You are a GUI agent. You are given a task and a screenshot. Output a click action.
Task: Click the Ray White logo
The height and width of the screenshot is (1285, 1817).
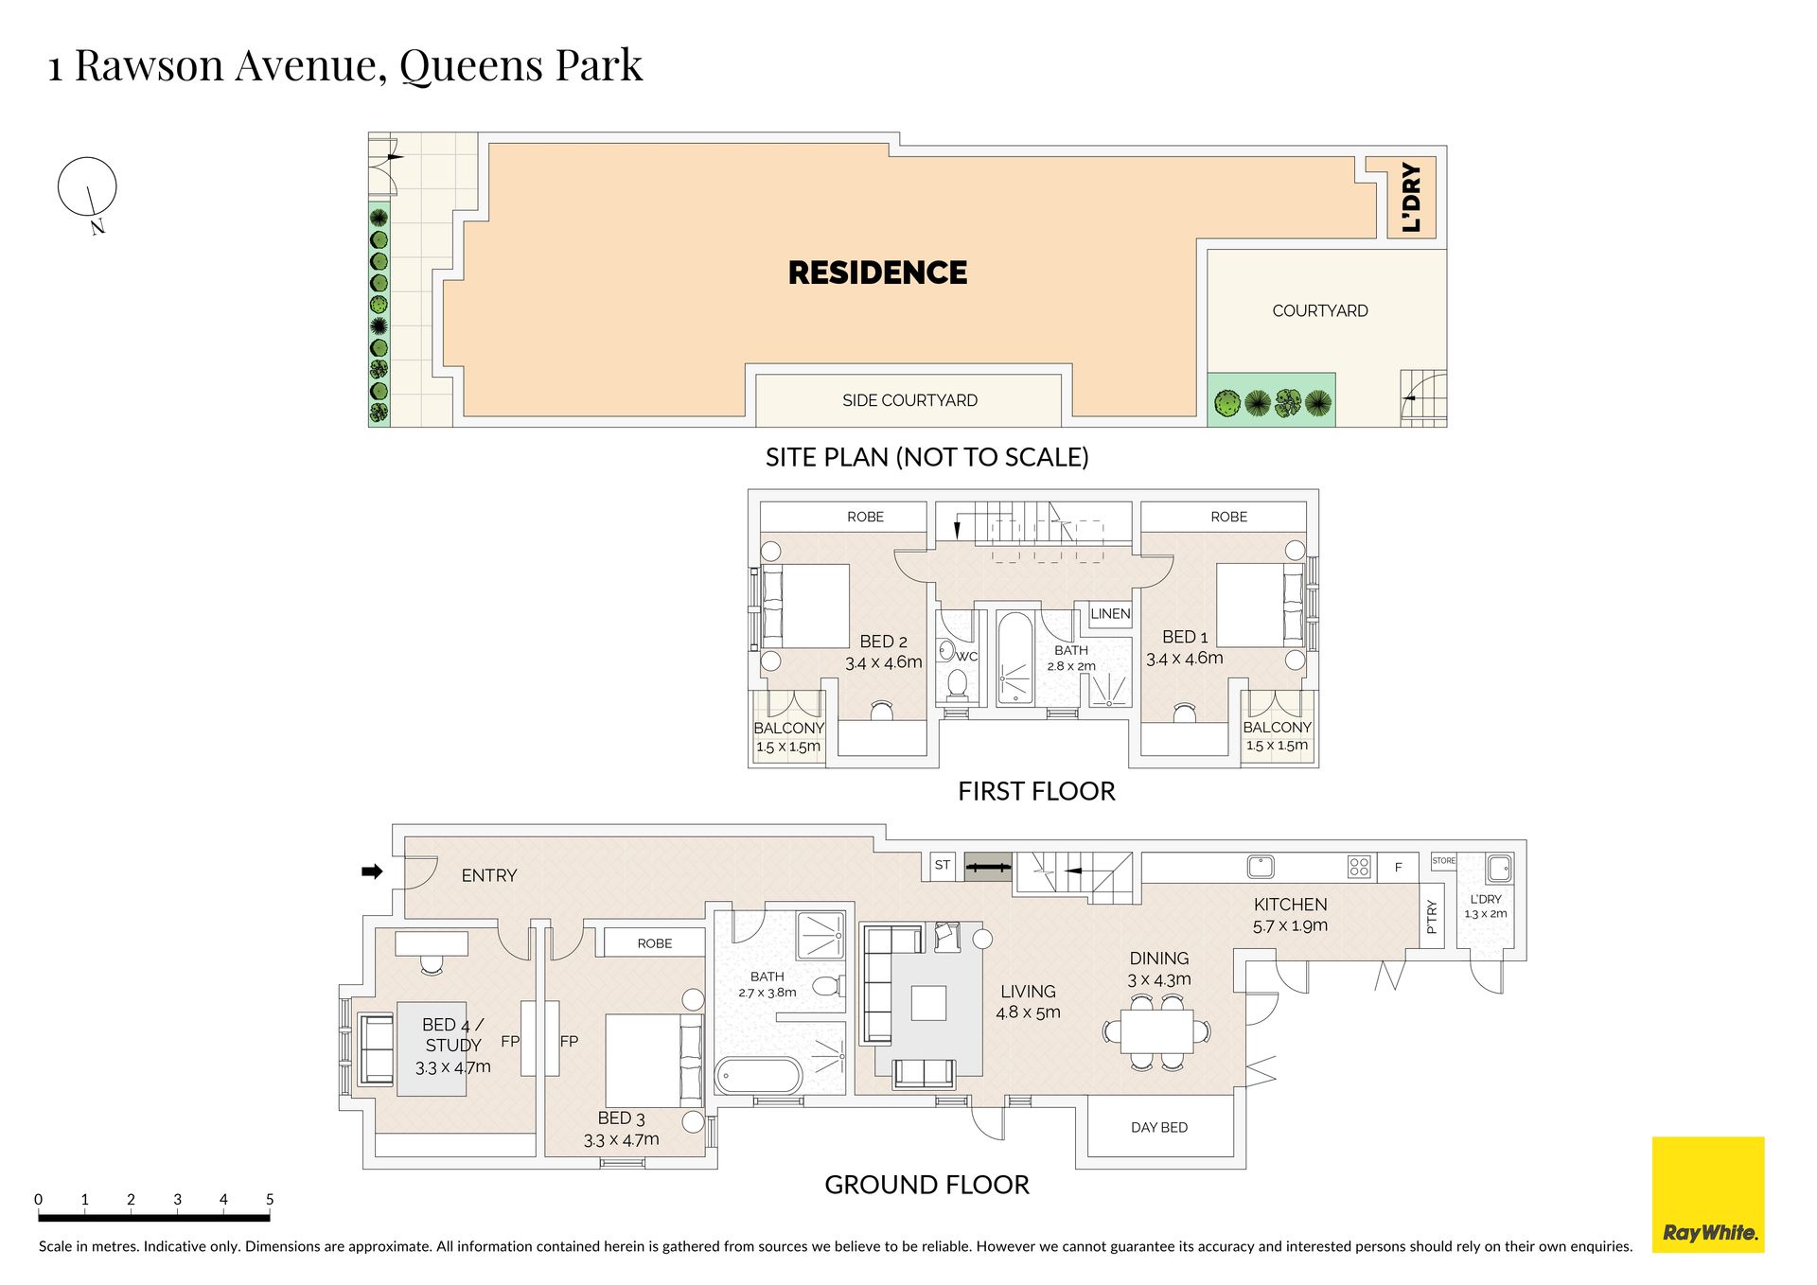[1707, 1194]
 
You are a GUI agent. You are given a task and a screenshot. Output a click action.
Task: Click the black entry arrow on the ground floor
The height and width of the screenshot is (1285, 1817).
[372, 871]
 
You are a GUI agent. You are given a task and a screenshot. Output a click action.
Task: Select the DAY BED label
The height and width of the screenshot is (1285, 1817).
[1159, 1127]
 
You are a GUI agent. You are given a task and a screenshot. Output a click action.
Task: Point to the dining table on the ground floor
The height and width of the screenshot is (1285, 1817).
[1157, 1031]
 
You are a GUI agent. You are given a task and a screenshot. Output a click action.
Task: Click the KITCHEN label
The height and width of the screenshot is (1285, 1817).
[1290, 905]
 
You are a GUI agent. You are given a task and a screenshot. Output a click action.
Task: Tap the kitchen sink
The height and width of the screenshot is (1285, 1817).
[1260, 866]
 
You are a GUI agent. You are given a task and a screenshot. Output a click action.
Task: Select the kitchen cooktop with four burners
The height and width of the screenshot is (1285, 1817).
[1359, 866]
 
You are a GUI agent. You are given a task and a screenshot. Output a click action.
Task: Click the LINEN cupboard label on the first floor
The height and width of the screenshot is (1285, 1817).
[1110, 613]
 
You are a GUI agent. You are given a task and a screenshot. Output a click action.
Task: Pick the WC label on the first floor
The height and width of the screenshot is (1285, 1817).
[966, 656]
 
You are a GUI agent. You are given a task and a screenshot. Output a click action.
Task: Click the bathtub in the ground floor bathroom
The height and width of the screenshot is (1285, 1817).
[759, 1076]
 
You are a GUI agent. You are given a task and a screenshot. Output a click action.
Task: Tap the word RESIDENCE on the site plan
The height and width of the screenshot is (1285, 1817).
[877, 273]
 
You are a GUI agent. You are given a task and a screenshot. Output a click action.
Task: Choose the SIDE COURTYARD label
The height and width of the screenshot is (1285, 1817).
[909, 400]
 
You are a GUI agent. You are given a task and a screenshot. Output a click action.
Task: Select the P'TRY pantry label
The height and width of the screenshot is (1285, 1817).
[1431, 916]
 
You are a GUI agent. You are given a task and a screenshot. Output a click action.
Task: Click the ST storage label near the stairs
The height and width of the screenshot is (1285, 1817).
[942, 865]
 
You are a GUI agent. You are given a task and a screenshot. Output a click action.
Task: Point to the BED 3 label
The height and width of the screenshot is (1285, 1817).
[621, 1118]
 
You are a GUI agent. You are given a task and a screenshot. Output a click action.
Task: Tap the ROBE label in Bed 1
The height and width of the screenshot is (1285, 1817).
[1228, 517]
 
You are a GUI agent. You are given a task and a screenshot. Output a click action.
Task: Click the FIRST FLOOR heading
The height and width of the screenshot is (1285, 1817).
[1036, 791]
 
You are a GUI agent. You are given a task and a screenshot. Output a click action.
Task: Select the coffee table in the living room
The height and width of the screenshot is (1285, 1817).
[928, 1003]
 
